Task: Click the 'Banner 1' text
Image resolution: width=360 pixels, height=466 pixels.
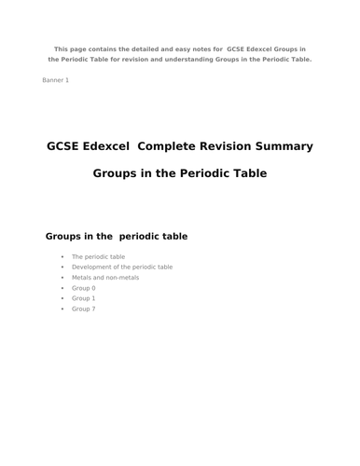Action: tap(55, 80)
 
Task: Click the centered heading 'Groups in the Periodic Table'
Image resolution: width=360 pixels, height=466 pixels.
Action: tap(180, 173)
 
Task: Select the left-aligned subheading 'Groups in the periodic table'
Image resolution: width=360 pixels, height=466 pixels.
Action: tap(117, 236)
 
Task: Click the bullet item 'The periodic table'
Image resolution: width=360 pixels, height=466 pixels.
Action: tap(98, 256)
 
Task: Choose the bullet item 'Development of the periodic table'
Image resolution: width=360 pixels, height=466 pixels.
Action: tap(122, 267)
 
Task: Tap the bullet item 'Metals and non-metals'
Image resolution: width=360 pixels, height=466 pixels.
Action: tap(105, 278)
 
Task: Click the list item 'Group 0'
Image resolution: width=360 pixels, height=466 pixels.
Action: tap(83, 288)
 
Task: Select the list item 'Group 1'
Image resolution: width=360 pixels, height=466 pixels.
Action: tap(83, 298)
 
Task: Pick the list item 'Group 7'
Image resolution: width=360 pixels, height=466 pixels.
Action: tap(83, 308)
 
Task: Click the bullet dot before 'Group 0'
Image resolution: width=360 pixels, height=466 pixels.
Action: tap(62, 288)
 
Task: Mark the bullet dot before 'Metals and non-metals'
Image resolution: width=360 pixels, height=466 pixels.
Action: tap(62, 278)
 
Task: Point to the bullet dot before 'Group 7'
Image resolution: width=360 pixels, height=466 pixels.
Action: tap(62, 308)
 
